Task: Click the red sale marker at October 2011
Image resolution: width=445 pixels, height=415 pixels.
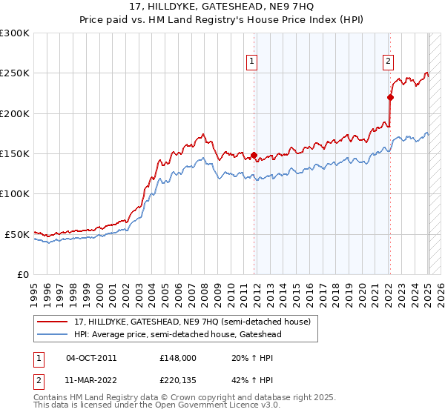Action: (254, 156)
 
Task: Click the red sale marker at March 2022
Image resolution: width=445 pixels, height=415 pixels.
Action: (390, 97)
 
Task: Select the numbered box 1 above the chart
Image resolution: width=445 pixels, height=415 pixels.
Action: (253, 62)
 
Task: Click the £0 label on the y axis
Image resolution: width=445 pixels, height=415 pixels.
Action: (23, 274)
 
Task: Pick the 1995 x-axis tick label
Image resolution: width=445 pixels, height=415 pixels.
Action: (33, 291)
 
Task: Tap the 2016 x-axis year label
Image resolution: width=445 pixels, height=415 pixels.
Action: (309, 291)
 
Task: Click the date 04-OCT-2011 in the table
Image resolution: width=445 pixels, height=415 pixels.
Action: (91, 357)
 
